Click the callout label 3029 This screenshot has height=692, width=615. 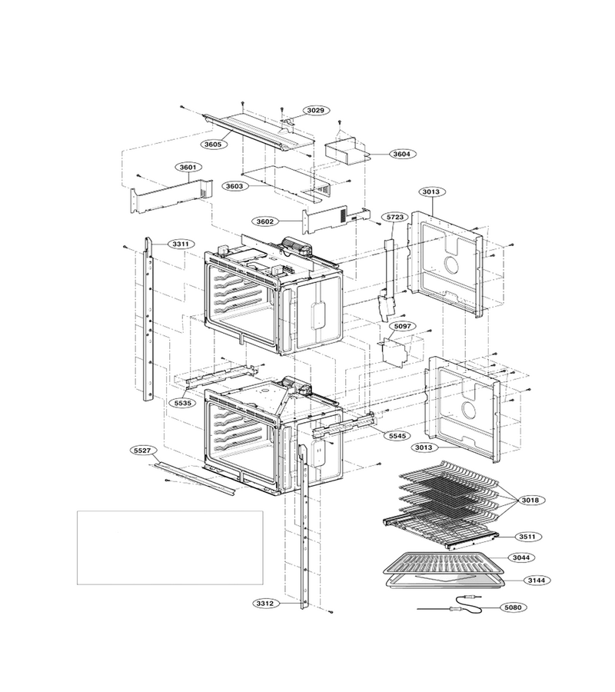(x=316, y=110)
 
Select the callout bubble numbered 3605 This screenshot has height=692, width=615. (x=214, y=145)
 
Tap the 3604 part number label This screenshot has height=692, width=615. (x=402, y=154)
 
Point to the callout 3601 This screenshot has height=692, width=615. (x=188, y=168)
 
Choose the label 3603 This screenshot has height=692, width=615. (x=234, y=186)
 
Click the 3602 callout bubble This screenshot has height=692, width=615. (x=265, y=221)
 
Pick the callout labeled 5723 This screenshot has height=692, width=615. (x=395, y=217)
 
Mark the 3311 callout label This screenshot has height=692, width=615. (x=181, y=244)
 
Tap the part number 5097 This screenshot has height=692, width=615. (x=402, y=326)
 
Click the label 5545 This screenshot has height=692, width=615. (x=397, y=436)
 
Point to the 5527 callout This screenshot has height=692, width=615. (x=142, y=451)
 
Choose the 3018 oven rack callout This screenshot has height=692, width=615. (x=530, y=501)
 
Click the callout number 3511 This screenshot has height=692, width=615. (x=527, y=537)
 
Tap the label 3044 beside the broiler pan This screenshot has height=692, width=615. (x=521, y=558)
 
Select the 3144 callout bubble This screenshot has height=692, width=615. (x=537, y=581)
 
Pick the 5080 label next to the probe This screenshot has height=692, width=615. (x=513, y=607)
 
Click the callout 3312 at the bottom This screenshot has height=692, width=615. (x=266, y=604)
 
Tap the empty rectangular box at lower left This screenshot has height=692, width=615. (x=171, y=547)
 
